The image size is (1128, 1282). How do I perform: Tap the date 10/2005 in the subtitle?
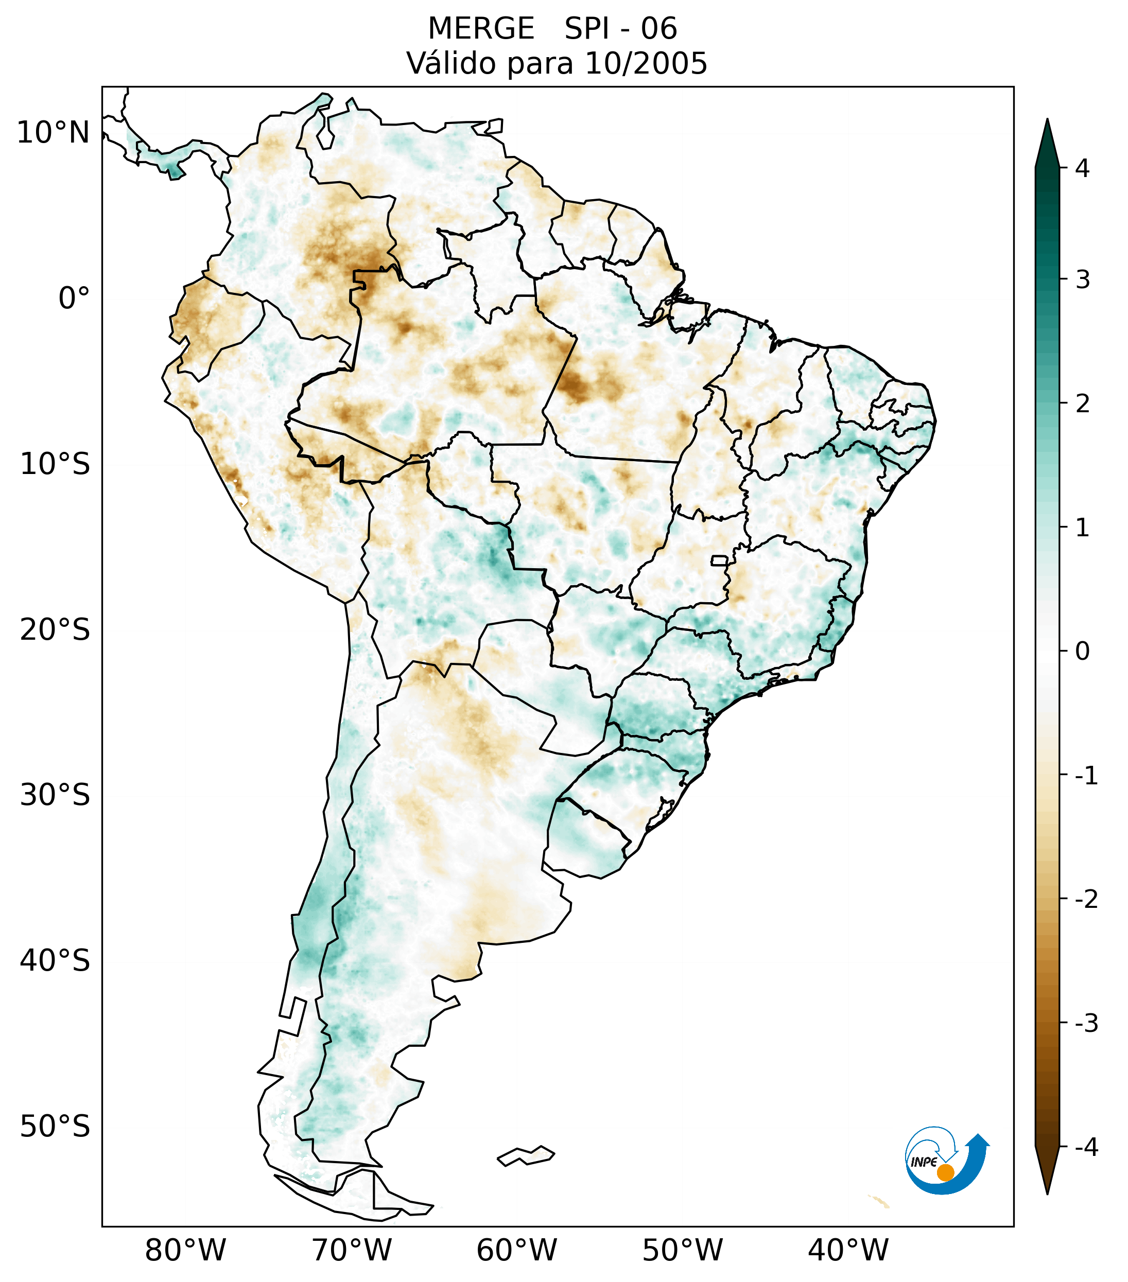click(x=646, y=63)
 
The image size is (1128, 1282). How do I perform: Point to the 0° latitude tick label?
click(x=74, y=298)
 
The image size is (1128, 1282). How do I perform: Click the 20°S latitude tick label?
click(x=55, y=630)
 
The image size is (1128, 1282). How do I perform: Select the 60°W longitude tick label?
click(x=516, y=1250)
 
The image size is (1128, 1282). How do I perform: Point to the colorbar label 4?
click(x=1082, y=168)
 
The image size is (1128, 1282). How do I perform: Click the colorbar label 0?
click(x=1082, y=652)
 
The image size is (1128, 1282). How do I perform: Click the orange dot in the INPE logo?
click(x=945, y=1172)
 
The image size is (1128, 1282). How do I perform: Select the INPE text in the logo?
click(x=924, y=1162)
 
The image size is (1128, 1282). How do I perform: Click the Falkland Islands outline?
click(x=526, y=1155)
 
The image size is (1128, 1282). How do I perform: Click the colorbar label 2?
click(x=1082, y=404)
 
